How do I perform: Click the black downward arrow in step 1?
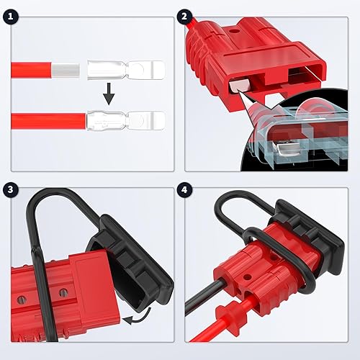108,92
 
